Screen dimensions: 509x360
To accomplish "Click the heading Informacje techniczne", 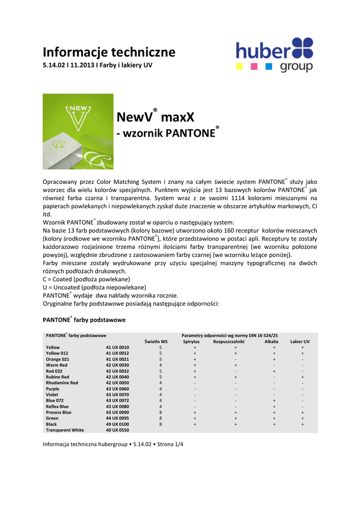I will coord(109,52).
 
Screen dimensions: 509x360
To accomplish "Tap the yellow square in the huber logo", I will coord(240,66).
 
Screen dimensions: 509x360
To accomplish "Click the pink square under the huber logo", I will coord(254,66).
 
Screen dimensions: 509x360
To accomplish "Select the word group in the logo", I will coord(297,67).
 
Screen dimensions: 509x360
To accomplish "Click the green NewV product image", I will coord(78,131).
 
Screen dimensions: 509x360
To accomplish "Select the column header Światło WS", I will coord(156,341).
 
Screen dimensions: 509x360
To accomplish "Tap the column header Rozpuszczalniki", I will coord(229,341).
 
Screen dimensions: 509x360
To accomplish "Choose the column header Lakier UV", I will coord(300,341).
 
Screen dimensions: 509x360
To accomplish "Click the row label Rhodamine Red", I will coord(62,383).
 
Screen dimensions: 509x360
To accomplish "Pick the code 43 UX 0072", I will coord(117,400).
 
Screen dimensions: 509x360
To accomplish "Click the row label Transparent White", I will coord(65,430).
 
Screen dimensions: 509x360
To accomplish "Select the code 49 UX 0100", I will coord(117,424).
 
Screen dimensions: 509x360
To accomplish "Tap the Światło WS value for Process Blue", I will coord(161,412).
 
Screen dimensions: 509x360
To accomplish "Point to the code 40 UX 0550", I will coord(117,430).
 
